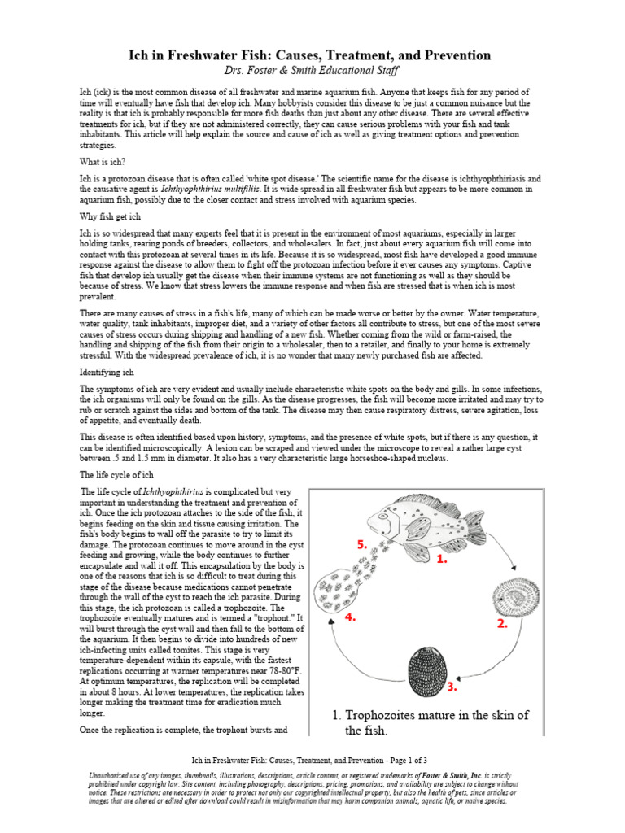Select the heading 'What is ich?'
tap(103, 162)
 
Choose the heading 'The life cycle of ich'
tap(116, 473)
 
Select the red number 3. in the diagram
tap(452, 687)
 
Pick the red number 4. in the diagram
tap(351, 617)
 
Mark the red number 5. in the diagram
tap(362, 544)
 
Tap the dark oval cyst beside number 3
tap(427, 667)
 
